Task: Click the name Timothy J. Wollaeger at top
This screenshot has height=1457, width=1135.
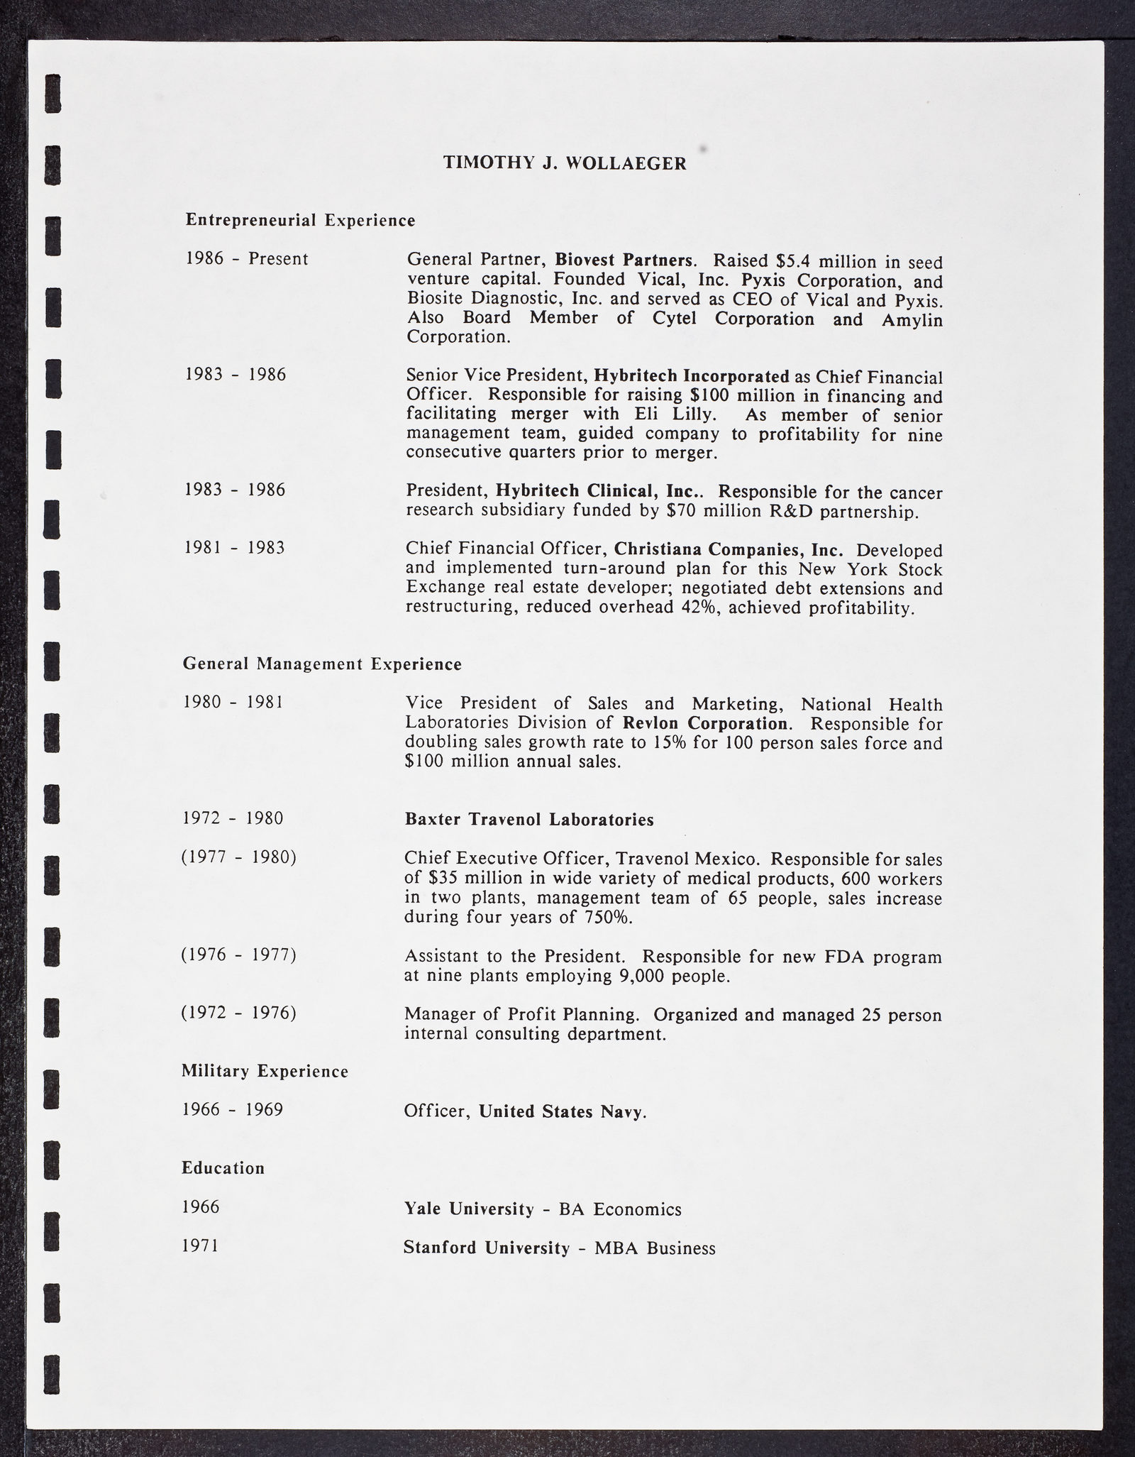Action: (x=565, y=163)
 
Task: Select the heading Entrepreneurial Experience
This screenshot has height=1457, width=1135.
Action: (x=300, y=221)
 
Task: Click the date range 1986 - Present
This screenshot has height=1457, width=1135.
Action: (x=247, y=259)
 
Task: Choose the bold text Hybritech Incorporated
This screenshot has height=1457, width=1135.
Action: (x=691, y=375)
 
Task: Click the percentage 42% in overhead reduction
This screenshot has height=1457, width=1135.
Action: (x=696, y=607)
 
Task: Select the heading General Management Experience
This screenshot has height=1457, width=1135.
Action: (x=322, y=664)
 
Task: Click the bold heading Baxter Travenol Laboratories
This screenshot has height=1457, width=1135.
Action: (x=529, y=820)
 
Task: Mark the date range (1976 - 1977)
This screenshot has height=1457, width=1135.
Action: (x=238, y=955)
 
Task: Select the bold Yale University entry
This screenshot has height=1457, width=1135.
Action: (x=468, y=1209)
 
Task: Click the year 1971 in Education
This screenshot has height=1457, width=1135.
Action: (x=201, y=1246)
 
